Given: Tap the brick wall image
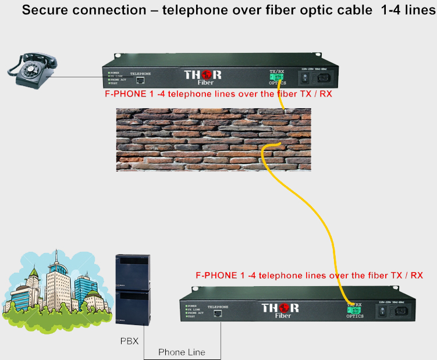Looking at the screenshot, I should point(213,139).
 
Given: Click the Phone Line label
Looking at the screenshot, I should point(182,352).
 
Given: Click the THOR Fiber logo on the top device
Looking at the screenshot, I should point(202,77).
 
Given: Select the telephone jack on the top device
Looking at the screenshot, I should point(140,81).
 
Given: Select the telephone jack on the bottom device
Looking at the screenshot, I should point(217,313).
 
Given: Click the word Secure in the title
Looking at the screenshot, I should point(45,10).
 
